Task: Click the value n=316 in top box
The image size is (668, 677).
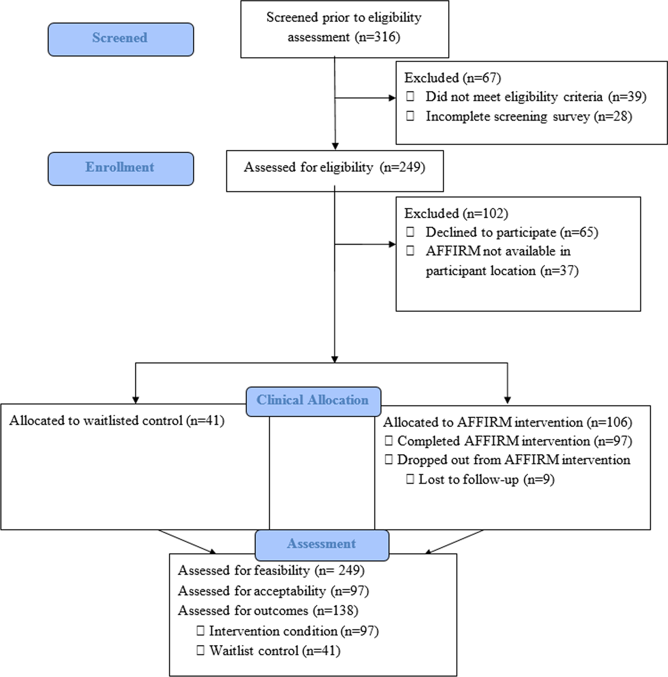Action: pyautogui.click(x=378, y=37)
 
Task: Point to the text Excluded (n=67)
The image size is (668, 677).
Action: pyautogui.click(x=452, y=78)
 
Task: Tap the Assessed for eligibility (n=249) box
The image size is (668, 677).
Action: pyautogui.click(x=335, y=168)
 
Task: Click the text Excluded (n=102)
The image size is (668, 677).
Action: pyautogui.click(x=456, y=214)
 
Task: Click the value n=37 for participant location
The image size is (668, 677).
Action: pyautogui.click(x=559, y=271)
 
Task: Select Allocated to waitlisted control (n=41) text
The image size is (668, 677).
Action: pyautogui.click(x=117, y=421)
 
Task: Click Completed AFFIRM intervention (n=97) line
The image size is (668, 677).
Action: pyautogui.click(x=514, y=441)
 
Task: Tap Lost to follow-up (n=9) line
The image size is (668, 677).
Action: pyautogui.click(x=486, y=480)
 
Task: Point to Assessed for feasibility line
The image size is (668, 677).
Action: pyautogui.click(x=271, y=571)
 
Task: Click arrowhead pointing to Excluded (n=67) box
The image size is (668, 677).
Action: pyautogui.click(x=392, y=98)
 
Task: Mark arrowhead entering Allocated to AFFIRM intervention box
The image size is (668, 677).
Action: pyautogui.click(x=507, y=400)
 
